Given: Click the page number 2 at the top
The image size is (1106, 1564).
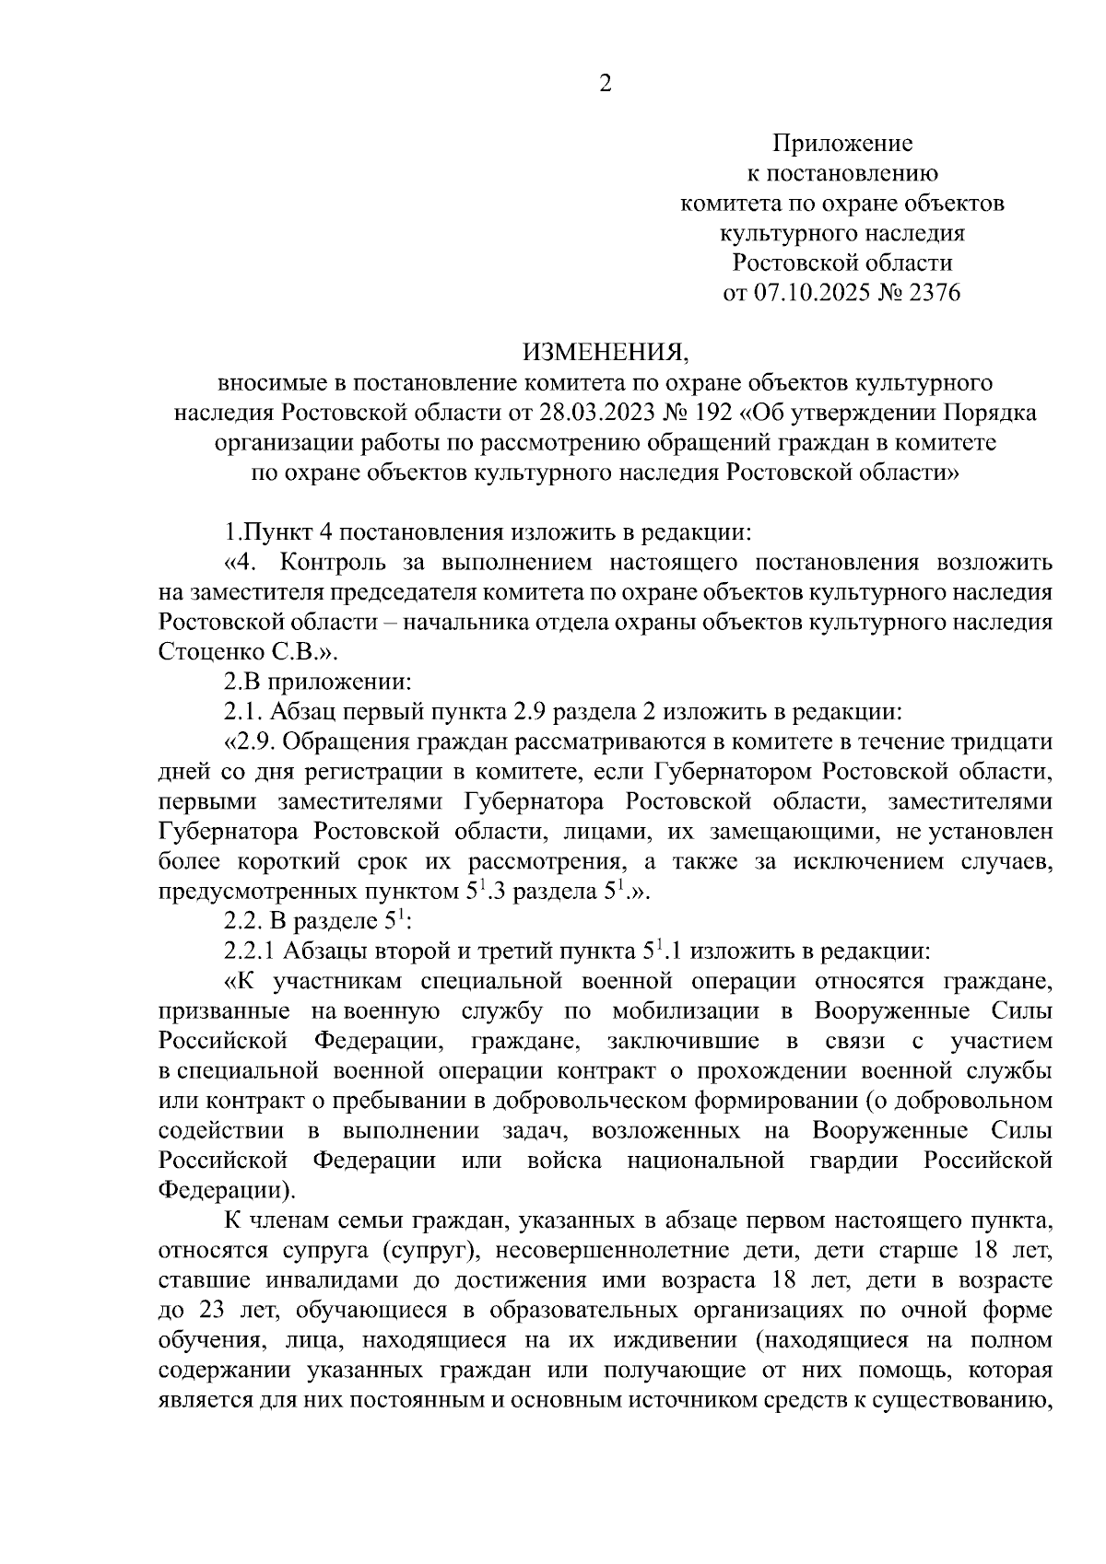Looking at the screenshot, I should pyautogui.click(x=606, y=84).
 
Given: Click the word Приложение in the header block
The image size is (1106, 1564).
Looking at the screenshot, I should pyautogui.click(x=841, y=144).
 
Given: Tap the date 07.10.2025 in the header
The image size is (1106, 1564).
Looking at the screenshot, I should pyautogui.click(x=806, y=293).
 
